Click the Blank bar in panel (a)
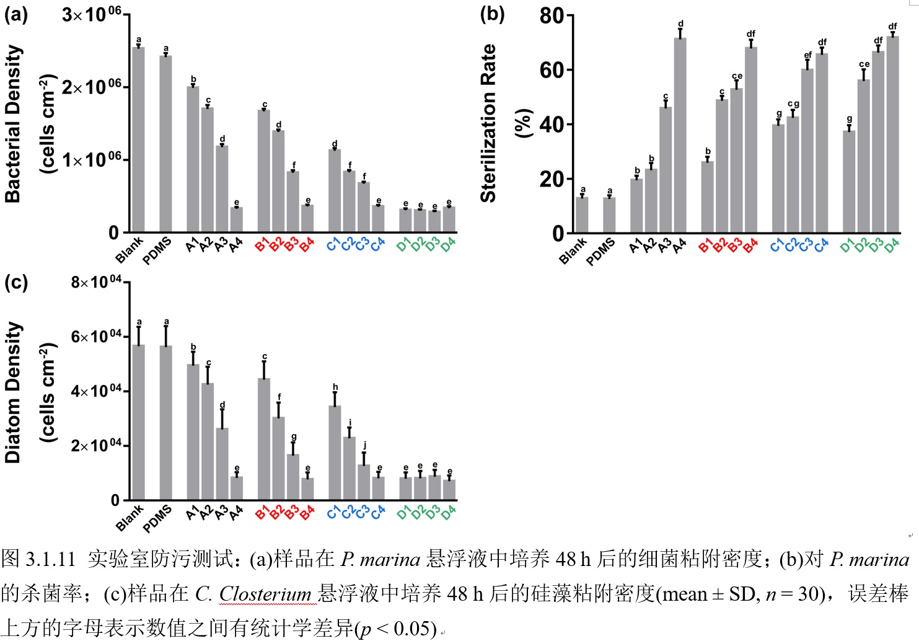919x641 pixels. pos(138,139)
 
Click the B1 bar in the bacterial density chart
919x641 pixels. pos(264,171)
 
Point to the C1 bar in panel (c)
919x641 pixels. pos(335,453)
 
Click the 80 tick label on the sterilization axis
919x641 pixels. pos(552,15)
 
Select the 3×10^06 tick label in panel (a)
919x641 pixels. pos(91,14)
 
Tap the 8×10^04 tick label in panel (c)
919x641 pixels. pos(96,283)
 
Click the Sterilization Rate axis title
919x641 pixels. pos(489,123)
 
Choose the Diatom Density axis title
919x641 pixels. pos(12,392)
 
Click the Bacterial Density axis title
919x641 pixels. pos(12,123)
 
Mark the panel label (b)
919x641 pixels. pos(492,14)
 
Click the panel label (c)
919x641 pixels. pos(16,283)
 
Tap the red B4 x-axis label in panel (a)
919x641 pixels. pos(307,245)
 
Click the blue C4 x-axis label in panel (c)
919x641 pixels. pos(378,513)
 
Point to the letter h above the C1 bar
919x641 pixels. pos(335,387)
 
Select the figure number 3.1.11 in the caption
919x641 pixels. pos(51,559)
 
